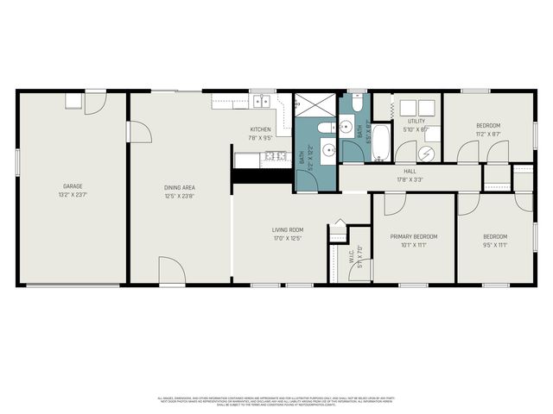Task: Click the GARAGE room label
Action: pos(72,185)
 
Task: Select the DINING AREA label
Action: pos(180,186)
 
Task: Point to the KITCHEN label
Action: pos(260,129)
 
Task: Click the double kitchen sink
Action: pos(261,101)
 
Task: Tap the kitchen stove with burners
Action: pos(276,156)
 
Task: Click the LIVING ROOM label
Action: pos(287,230)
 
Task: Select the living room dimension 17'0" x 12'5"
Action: pos(287,238)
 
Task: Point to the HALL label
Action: pos(410,172)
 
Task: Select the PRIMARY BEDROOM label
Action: pos(413,236)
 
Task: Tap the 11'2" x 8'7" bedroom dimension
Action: pos(488,134)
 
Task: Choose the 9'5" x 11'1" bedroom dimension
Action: pos(495,244)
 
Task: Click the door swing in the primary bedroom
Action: pos(394,204)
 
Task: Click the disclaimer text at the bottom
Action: pos(276,401)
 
